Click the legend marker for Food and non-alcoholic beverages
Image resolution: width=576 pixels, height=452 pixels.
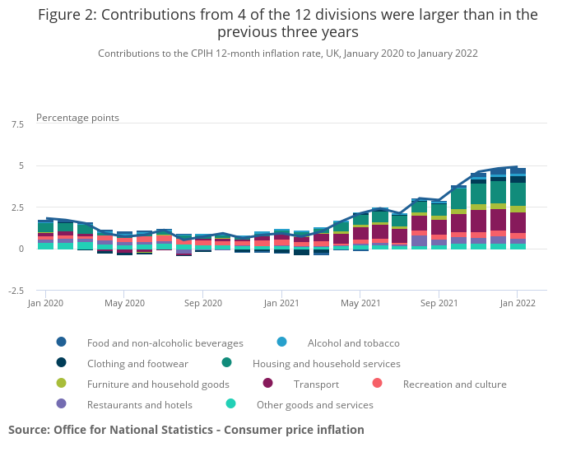click(62, 342)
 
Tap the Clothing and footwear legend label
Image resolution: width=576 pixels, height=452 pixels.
click(137, 363)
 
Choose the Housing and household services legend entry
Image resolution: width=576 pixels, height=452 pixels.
click(326, 363)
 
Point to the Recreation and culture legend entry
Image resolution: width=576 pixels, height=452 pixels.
click(454, 384)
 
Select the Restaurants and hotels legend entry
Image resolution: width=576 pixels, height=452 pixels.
click(139, 404)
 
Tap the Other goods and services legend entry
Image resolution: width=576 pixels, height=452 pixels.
click(314, 404)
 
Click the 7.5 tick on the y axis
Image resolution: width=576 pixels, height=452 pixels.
click(17, 124)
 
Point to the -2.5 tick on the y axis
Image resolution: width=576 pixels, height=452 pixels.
click(16, 291)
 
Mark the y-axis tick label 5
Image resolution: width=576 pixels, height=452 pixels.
click(21, 165)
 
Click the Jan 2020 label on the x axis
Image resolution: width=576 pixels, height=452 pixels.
click(45, 303)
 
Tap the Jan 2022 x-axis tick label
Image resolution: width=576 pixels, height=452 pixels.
click(518, 303)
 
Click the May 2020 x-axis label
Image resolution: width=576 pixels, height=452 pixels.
click(124, 303)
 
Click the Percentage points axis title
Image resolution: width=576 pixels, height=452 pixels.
click(77, 118)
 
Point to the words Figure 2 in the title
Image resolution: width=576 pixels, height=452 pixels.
click(67, 15)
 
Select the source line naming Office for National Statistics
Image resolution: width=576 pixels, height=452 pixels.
click(186, 430)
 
